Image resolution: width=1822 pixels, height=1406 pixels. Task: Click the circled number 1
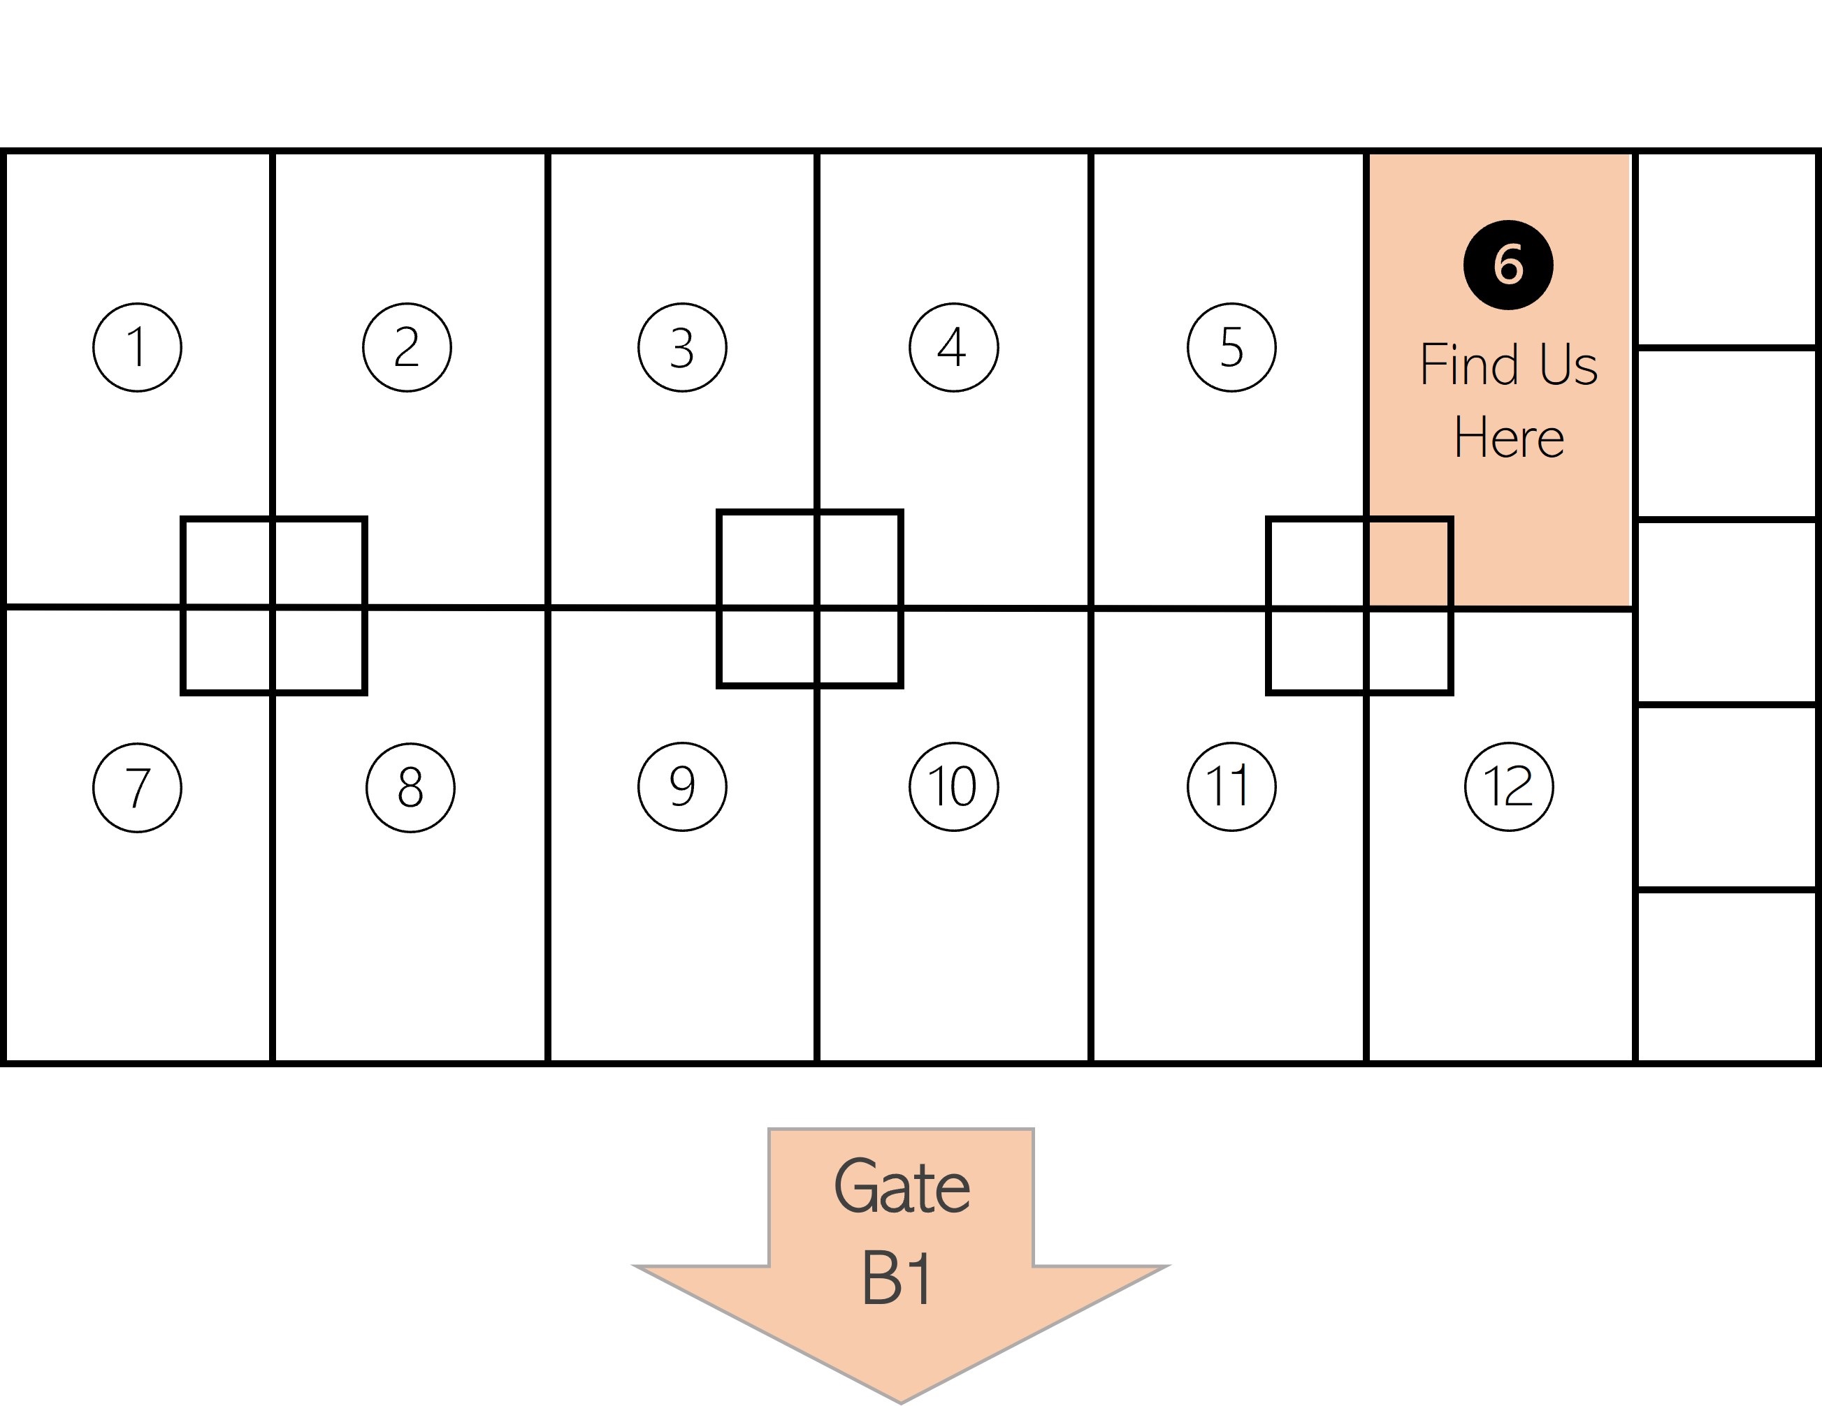coord(137,347)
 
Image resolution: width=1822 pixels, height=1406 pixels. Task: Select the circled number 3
coord(681,347)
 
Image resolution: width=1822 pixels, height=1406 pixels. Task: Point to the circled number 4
coord(953,347)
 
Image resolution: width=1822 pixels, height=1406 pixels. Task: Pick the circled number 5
coord(1231,347)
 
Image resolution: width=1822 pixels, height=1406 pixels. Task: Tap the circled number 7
coord(137,787)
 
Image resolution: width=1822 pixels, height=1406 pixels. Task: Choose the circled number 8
coord(410,787)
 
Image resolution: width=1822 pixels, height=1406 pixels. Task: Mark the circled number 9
coord(681,786)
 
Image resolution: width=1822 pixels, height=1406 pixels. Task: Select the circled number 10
coord(953,786)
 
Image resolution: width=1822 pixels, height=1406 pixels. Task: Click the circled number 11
coord(1231,786)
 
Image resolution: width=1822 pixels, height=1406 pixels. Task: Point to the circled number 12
coord(1508,786)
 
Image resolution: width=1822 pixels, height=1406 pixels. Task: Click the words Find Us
coord(1508,365)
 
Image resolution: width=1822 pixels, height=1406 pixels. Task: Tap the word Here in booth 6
coord(1508,437)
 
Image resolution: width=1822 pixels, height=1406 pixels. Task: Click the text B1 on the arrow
coord(896,1277)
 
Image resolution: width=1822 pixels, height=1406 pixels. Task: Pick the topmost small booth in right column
coord(1726,249)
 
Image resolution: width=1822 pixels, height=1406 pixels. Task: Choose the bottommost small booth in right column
coord(1726,975)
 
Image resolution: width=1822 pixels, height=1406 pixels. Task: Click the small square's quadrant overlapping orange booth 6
coord(1408,564)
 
